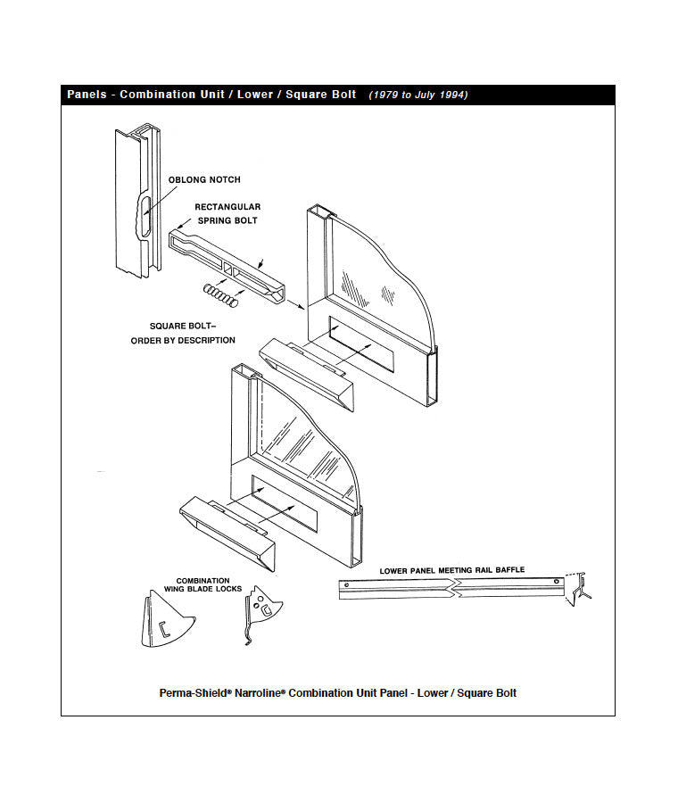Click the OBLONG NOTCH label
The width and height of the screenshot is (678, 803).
(204, 180)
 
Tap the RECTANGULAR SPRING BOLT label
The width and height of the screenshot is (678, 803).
(227, 213)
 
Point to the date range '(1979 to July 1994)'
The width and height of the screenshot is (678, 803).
(418, 95)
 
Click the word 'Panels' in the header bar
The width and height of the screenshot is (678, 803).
(87, 95)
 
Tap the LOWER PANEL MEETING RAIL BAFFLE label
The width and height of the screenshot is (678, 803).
(452, 570)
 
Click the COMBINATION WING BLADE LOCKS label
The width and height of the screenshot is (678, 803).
(203, 584)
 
